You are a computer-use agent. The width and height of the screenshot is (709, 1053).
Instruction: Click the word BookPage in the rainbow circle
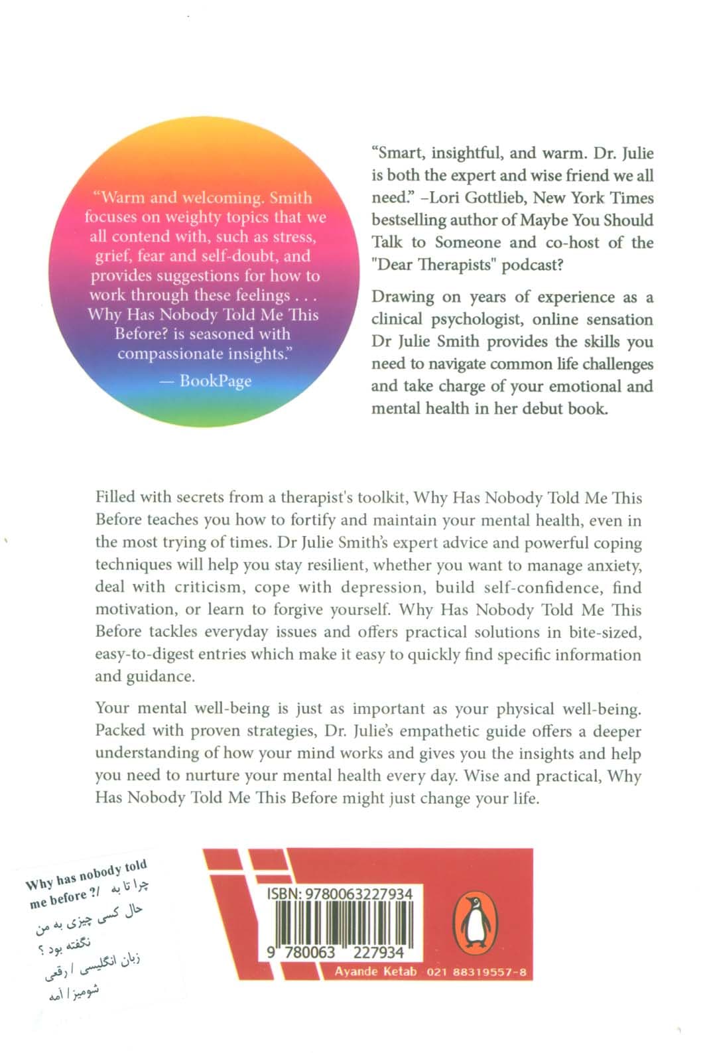tap(216, 380)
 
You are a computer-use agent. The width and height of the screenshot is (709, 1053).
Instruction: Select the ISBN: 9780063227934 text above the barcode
tap(340, 894)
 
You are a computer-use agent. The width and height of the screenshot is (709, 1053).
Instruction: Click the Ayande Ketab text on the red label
tap(375, 971)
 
